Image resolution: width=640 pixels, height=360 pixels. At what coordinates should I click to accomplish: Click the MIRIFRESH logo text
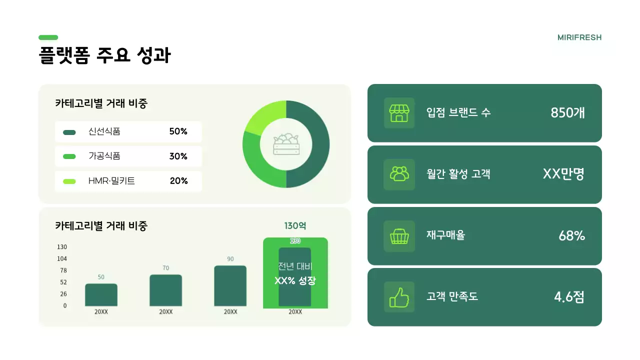[579, 37]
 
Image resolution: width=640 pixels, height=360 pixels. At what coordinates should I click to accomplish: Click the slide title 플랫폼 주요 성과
[104, 55]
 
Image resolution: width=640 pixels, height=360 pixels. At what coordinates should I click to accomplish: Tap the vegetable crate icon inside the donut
[286, 144]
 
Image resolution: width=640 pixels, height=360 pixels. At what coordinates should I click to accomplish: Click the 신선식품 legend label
[104, 131]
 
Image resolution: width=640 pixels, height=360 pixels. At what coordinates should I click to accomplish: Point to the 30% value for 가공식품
[178, 156]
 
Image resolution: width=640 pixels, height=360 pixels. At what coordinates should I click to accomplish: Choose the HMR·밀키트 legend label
[111, 181]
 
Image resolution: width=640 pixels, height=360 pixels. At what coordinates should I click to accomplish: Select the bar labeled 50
[101, 295]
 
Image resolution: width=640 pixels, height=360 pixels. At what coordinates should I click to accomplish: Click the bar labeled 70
[165, 290]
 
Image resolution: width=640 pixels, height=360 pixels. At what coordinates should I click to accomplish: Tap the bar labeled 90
[230, 286]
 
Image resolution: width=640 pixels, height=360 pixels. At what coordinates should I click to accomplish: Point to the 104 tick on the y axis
[62, 258]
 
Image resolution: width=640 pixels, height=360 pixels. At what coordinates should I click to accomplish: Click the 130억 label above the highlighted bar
[295, 226]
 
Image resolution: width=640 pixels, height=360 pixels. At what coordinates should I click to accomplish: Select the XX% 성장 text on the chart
[295, 280]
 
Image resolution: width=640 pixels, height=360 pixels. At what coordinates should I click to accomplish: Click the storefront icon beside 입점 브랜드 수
[399, 113]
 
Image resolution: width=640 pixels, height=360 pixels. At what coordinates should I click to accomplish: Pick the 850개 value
[567, 113]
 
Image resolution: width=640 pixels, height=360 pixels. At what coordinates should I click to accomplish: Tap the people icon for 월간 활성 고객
[399, 174]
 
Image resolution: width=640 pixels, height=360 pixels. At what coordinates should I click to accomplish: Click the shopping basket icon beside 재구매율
[399, 236]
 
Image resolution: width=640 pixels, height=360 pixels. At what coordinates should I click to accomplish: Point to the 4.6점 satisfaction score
[569, 297]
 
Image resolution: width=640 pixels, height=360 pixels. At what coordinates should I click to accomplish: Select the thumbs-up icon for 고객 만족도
[399, 297]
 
